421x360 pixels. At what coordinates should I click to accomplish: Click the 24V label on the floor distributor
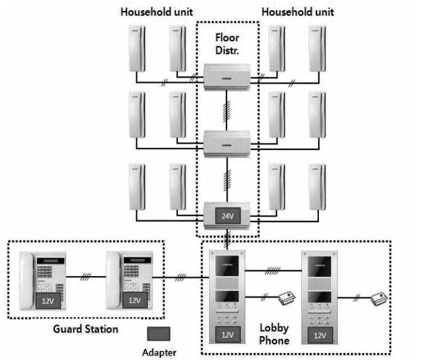(x=227, y=216)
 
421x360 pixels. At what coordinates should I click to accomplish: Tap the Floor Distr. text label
(x=227, y=44)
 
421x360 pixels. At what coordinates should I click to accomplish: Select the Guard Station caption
(x=86, y=328)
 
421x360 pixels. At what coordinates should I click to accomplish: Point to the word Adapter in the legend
(x=160, y=352)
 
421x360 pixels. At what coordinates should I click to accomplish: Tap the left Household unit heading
(x=157, y=12)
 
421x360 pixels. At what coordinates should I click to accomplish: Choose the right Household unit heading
(x=298, y=12)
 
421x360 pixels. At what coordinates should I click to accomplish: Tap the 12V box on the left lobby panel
(x=227, y=335)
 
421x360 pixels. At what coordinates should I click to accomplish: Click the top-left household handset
(x=137, y=48)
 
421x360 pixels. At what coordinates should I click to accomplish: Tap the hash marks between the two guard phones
(x=86, y=277)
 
